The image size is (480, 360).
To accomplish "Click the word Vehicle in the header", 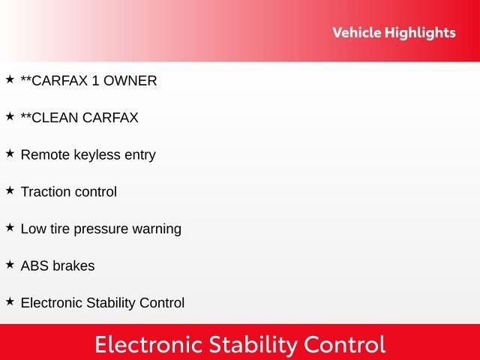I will (356, 33).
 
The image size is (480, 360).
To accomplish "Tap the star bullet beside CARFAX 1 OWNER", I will (10, 79).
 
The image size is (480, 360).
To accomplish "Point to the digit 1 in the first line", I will (95, 81).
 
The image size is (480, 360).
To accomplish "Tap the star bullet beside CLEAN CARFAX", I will (10, 116).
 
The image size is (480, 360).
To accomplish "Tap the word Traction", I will (46, 192).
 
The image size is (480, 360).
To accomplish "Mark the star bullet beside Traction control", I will (10, 190).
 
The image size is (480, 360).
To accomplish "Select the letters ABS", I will (34, 266).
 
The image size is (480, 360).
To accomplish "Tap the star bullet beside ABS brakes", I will (10, 264).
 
